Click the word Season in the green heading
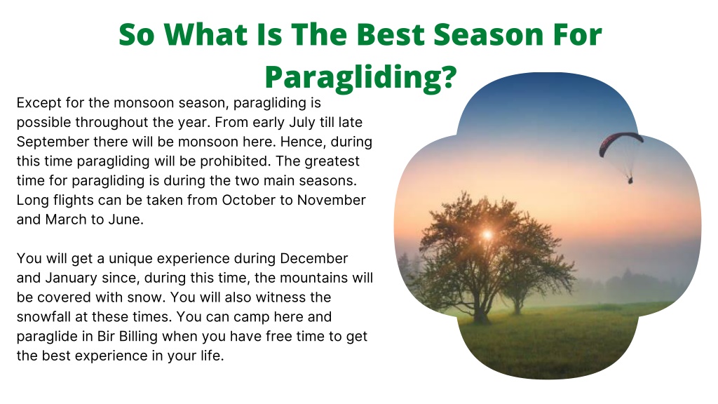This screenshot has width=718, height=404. (489, 34)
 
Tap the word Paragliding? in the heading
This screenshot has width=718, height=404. (361, 77)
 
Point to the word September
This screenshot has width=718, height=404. (53, 142)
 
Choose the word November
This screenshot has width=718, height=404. (331, 200)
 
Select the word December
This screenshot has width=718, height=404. (313, 258)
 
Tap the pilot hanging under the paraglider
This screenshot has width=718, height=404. (630, 180)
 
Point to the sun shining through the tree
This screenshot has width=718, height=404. (487, 235)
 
